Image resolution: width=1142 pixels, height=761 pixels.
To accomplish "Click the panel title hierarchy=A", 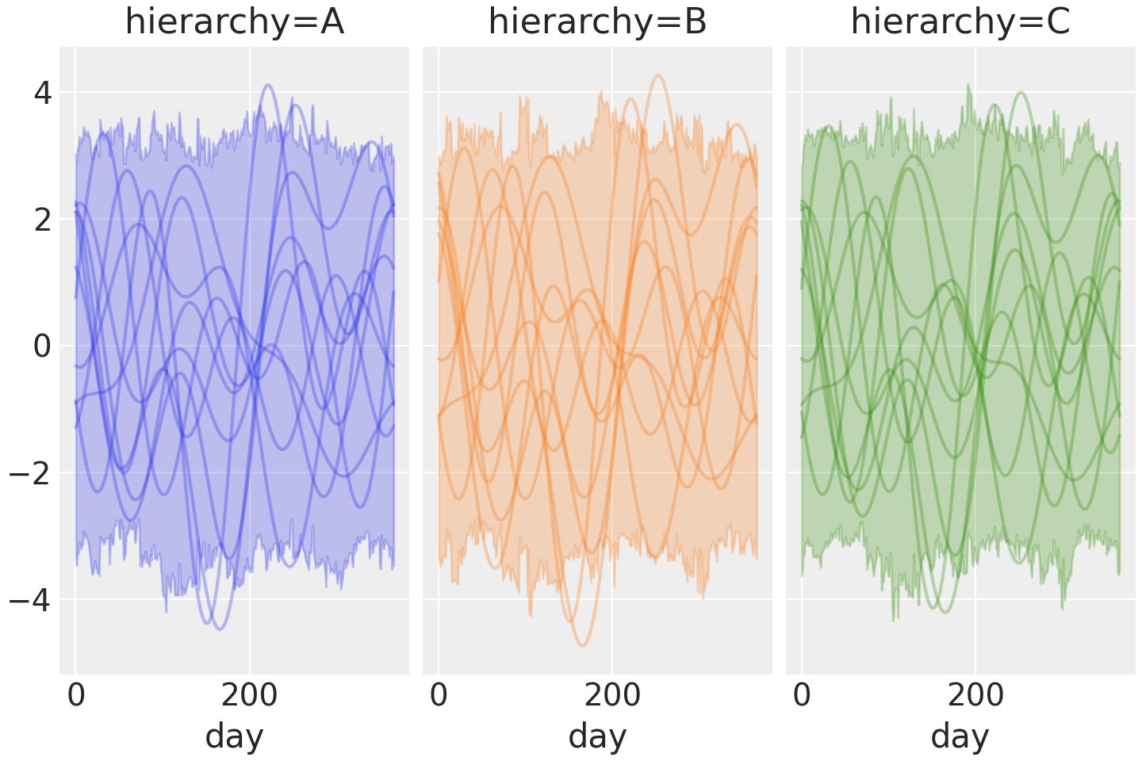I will (235, 22).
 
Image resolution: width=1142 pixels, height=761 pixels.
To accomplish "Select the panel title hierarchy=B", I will (597, 22).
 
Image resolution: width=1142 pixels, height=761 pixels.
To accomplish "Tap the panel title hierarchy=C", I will (960, 22).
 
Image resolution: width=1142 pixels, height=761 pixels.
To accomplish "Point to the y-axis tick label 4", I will (42, 94).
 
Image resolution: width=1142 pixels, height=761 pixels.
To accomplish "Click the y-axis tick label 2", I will (42, 220).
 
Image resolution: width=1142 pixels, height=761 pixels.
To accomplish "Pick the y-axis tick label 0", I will (42, 346).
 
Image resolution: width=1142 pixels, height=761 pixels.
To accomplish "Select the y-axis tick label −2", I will (30, 473).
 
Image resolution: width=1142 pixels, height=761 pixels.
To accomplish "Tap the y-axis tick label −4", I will (30, 600).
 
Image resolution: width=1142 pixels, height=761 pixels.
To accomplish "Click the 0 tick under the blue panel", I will (76, 695).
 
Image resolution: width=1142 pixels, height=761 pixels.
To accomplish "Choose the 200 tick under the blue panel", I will (249, 695).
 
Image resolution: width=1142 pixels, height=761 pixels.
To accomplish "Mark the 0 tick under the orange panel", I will (439, 695).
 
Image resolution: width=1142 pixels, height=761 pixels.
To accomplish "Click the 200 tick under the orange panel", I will (612, 695).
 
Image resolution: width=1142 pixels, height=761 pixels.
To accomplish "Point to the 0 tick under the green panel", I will (802, 695).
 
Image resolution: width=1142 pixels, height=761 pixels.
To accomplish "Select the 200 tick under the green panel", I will (975, 695).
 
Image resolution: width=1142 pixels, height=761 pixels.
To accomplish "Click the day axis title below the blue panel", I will (234, 736).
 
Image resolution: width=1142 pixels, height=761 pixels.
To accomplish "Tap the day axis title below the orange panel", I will (597, 736).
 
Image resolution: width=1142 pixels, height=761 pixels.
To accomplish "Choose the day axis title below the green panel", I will (960, 736).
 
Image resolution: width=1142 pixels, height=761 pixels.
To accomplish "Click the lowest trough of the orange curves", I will (582, 645).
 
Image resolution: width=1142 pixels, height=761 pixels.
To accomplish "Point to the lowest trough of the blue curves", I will (219, 629).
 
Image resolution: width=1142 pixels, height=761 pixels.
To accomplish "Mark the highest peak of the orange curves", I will (657, 75).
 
